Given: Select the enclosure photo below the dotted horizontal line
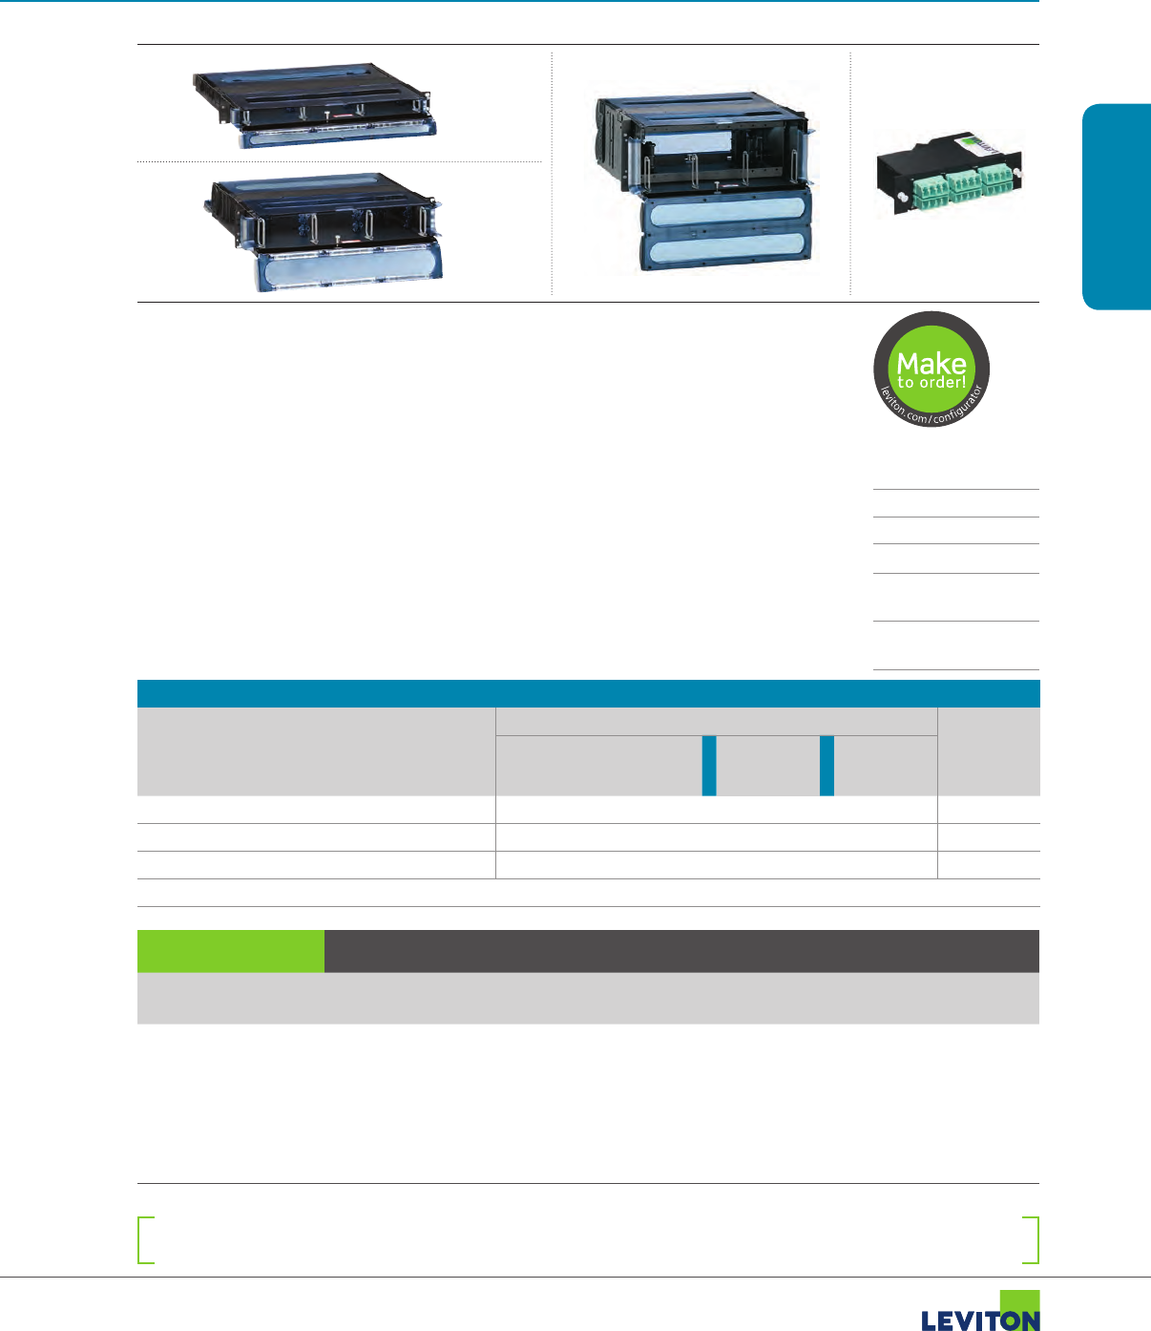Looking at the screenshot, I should click(324, 231).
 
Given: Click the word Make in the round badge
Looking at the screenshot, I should click(931, 363).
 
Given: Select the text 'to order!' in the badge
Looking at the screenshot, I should click(931, 383).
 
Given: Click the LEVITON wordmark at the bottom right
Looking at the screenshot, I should click(979, 1320).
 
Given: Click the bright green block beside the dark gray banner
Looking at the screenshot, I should click(230, 951).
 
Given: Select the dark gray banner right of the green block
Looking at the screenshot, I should click(681, 951).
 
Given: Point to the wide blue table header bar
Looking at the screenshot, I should click(588, 693).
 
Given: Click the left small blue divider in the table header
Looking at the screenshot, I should click(709, 766).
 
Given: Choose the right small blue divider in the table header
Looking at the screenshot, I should click(827, 766).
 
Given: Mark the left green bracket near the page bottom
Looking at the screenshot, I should click(145, 1240).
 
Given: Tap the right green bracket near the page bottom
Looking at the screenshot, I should click(1031, 1240).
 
